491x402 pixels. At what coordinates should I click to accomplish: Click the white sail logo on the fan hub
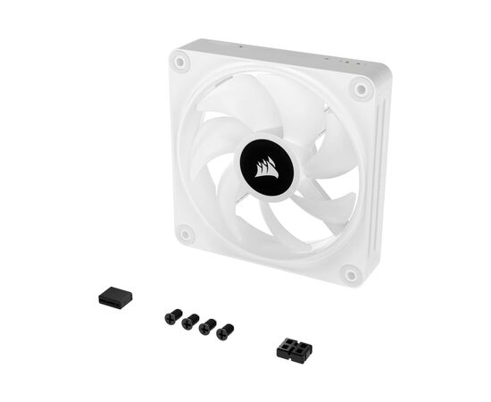coord(266,166)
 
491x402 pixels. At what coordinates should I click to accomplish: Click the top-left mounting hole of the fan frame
coord(181,62)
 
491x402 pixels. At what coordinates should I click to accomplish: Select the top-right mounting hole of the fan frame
coord(361,87)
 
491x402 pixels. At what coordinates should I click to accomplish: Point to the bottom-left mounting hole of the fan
coord(186,234)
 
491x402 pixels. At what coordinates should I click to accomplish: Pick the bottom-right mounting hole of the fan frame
coord(350,273)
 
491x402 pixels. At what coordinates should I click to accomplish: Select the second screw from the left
coord(189,321)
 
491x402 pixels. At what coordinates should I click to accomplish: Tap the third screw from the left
coord(207,326)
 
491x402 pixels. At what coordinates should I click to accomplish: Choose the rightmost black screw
coord(224,331)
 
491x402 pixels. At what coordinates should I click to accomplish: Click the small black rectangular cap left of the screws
coord(114,298)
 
